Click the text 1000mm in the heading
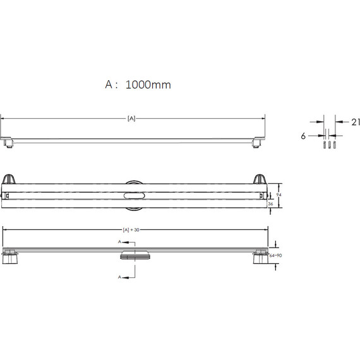[x=148, y=85]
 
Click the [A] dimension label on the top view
[x=131, y=119]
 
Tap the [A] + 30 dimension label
[x=131, y=230]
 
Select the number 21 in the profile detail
[x=356, y=122]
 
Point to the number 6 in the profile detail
[x=303, y=136]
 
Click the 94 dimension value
[x=279, y=195]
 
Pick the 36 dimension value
[x=270, y=203]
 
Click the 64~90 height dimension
[x=275, y=256]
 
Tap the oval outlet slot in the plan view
[x=134, y=196]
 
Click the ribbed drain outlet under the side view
[x=135, y=256]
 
